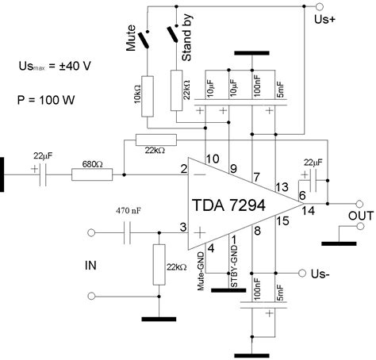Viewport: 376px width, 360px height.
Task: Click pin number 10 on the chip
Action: (211, 157)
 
